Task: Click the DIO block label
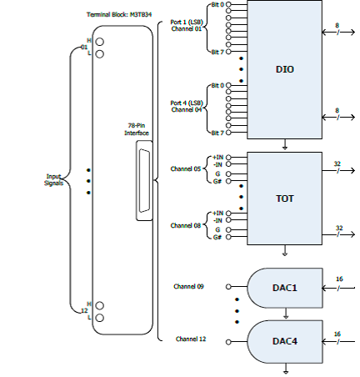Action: coord(285,69)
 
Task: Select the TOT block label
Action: coord(285,199)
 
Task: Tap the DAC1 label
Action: coord(285,288)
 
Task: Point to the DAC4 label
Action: coord(285,341)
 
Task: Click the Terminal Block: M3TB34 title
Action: coord(119,14)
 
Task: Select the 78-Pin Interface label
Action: coord(137,129)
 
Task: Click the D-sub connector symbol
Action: coord(144,181)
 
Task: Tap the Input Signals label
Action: coord(53,180)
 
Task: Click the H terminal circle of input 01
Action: coord(99,42)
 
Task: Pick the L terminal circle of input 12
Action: coord(99,318)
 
